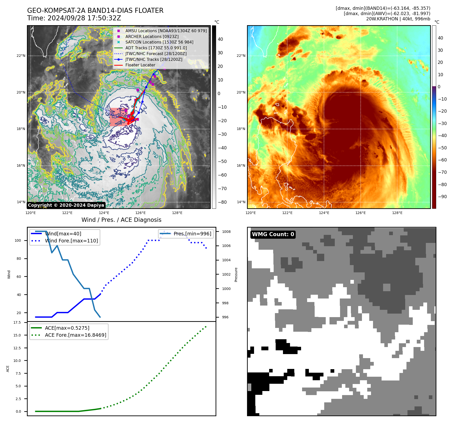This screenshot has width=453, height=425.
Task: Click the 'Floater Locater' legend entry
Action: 140,65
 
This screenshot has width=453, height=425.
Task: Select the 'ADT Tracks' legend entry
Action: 156,48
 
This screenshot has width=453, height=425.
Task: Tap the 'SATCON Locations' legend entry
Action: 159,42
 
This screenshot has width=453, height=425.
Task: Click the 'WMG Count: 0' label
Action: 273,234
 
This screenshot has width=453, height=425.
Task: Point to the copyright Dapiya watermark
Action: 66,205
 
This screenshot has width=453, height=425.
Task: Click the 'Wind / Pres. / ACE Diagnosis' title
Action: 121,220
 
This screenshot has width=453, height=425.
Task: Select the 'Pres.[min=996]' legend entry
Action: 192,234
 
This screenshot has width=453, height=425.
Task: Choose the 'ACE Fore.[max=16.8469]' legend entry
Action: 75,335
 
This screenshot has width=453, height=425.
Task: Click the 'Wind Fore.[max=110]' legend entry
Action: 71,241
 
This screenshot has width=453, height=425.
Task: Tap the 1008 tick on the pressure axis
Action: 226,232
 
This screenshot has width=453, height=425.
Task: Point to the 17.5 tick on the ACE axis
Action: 17,322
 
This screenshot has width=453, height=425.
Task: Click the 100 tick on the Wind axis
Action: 18,240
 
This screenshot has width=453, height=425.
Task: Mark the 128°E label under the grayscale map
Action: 177,213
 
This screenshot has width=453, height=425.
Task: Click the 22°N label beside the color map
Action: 241,56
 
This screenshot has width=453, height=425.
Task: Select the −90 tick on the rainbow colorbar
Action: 442,197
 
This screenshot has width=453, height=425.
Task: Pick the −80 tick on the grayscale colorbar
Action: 222,202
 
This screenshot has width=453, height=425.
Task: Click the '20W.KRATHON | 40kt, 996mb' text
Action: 398,19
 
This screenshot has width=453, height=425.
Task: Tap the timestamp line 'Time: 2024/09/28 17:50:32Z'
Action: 74,18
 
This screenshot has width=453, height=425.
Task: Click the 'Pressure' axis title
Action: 236,275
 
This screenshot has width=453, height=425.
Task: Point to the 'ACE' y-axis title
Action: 8,369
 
